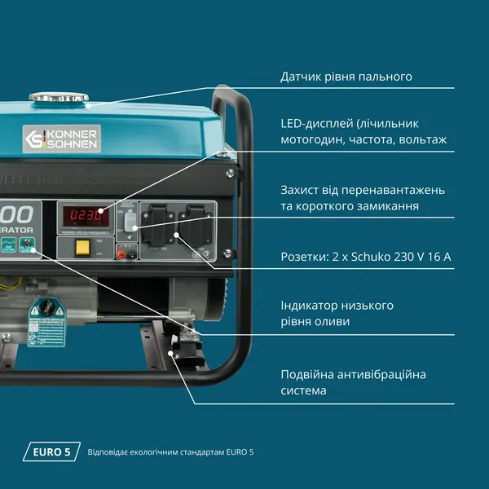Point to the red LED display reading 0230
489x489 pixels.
click(86, 216)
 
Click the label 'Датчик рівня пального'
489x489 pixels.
click(346, 77)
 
